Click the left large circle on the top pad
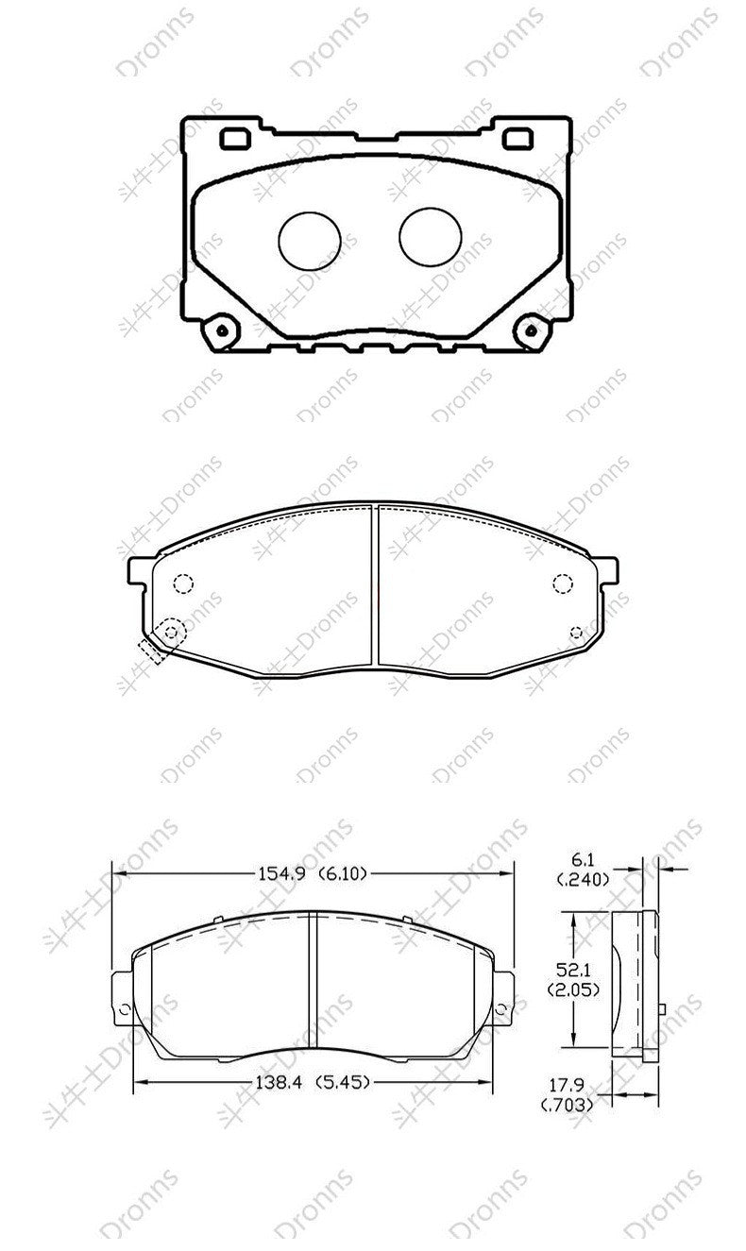coord(309,238)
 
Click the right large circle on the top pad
coord(430,236)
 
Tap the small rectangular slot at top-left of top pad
coord(234,139)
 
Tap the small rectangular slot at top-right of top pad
coord(517,139)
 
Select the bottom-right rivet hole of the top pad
coord(529,330)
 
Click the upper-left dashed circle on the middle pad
coord(184,583)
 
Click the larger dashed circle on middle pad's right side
coord(564,583)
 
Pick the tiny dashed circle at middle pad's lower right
coord(577,631)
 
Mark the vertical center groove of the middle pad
coord(377,585)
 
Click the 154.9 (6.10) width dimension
coord(312,873)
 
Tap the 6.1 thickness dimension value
coord(582,860)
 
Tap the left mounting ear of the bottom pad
coord(121,996)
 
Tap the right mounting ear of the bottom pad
coord(505,996)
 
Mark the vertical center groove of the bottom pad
coord(313,987)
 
